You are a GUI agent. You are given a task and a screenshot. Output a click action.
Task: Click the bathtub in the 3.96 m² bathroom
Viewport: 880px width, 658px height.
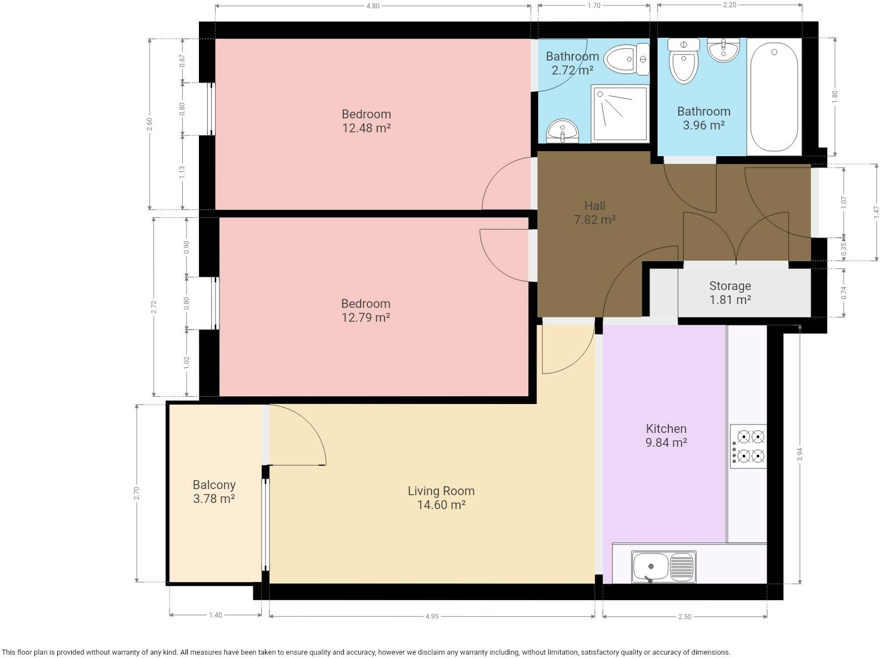[773, 97]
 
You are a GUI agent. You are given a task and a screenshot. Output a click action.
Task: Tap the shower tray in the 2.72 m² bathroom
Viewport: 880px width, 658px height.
[620, 113]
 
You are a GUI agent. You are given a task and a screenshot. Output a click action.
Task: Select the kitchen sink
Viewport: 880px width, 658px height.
[663, 566]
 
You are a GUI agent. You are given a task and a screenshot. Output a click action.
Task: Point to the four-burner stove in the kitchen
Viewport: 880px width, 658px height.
[748, 446]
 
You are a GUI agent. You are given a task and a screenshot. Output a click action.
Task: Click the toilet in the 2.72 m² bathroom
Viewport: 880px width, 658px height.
[626, 59]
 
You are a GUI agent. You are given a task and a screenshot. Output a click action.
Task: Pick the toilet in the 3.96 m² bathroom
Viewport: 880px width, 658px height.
[683, 61]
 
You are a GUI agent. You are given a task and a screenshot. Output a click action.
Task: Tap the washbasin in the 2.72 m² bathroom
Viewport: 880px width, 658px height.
[562, 131]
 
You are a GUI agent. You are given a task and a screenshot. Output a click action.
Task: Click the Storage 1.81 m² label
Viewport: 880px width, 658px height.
[730, 293]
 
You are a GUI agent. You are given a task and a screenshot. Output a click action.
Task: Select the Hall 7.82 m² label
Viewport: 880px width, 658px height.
[594, 212]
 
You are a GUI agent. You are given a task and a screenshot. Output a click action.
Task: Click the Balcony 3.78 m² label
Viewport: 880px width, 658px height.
[214, 492]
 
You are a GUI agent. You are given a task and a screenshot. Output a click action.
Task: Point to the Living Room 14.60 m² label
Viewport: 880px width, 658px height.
[441, 497]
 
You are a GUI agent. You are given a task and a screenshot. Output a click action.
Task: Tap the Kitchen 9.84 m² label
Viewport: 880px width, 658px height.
[666, 436]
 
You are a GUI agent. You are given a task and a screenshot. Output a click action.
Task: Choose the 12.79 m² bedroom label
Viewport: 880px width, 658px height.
[366, 310]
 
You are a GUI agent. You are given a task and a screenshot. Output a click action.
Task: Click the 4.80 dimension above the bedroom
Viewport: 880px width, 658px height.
[373, 6]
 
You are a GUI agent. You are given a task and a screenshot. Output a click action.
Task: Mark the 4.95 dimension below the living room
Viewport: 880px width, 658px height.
[432, 616]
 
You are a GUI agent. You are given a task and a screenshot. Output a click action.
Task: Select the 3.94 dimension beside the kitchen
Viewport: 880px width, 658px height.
[800, 454]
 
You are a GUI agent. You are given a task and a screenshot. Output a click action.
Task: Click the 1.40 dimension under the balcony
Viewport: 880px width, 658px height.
[216, 615]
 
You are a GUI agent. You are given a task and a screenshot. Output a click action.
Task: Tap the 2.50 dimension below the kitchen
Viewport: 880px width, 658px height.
[685, 616]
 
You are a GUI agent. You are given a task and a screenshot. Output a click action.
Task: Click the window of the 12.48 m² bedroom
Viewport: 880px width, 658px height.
[211, 109]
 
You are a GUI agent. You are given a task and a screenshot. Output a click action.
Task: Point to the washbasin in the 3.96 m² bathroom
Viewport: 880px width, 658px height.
[723, 51]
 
